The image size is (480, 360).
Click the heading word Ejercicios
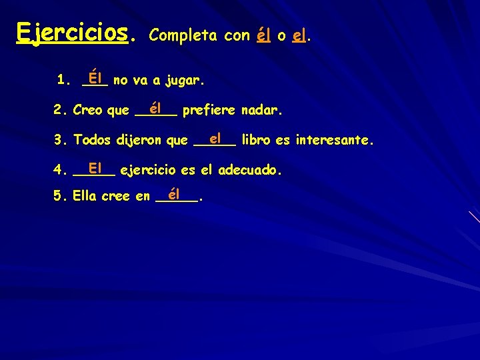[71, 32]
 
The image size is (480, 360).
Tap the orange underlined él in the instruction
[263, 35]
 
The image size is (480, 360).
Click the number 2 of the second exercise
[59, 110]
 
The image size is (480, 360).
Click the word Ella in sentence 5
[85, 197]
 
